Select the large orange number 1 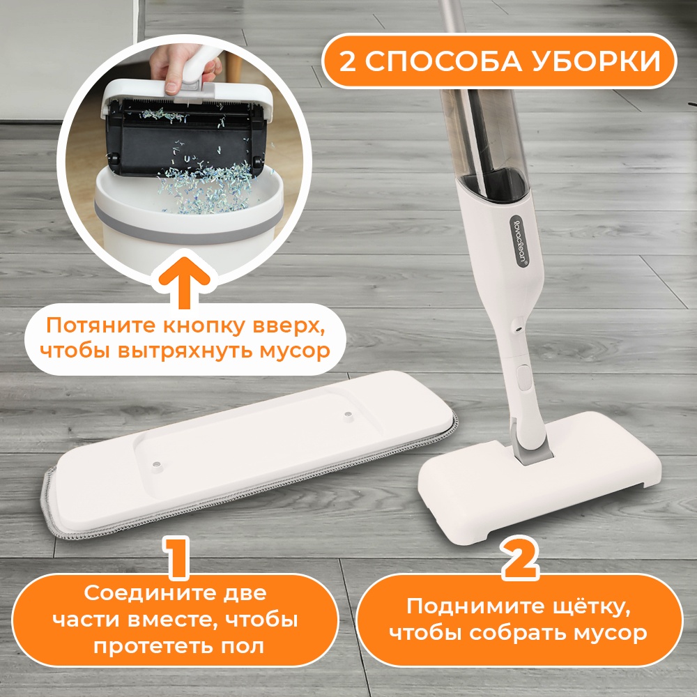(x=179, y=557)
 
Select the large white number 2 (x=519, y=558)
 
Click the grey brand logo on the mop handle (x=519, y=240)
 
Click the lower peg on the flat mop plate (x=155, y=465)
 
